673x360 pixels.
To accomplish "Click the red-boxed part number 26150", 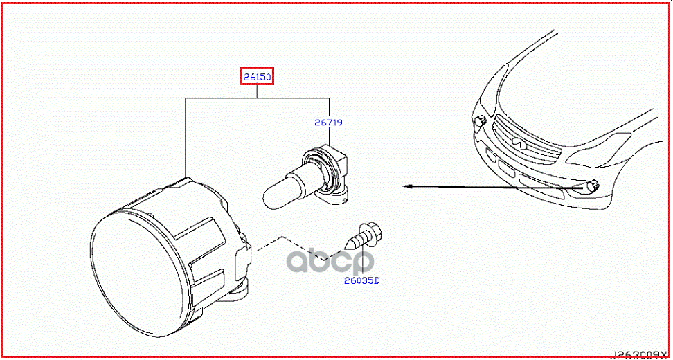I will pos(258,77).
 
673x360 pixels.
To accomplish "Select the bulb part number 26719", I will pos(329,123).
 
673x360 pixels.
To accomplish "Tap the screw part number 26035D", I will pos(362,281).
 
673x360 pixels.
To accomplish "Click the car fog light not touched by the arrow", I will pos(478,123).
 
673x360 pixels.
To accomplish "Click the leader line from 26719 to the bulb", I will pos(329,138).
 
